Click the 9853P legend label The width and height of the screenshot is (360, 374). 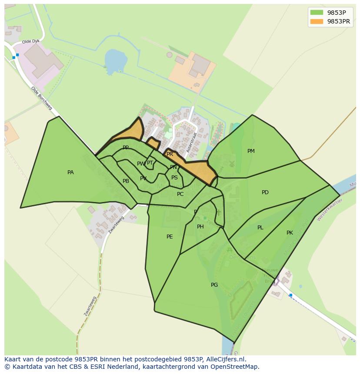coord(337,13)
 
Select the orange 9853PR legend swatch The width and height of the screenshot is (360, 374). coord(317,21)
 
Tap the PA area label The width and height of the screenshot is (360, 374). coord(70,172)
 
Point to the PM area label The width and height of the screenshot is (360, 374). coord(251,151)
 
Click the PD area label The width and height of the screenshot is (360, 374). coord(265,192)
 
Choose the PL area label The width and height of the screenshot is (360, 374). coord(260,228)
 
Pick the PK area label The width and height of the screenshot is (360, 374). coord(290,233)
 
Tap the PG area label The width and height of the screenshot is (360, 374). coord(214,285)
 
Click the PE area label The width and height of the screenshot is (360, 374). coord(170,237)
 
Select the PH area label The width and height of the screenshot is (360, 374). coord(200,227)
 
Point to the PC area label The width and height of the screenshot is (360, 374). coord(180,194)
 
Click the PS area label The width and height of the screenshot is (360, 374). coord(174,178)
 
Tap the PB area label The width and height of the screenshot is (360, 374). coord(126,181)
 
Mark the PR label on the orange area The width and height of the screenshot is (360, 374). coord(170,154)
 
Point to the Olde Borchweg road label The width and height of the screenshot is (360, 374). coord(41,98)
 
